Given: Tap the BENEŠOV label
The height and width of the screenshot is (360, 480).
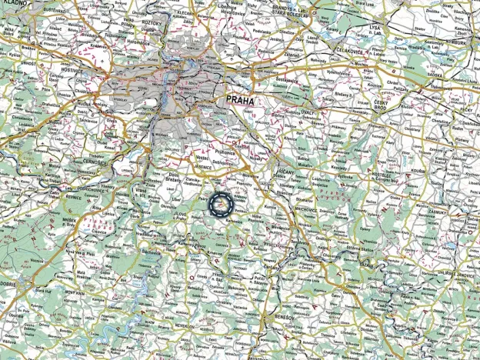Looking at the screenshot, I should coord(276,317).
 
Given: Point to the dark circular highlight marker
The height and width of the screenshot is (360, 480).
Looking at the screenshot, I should coord(219,204).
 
